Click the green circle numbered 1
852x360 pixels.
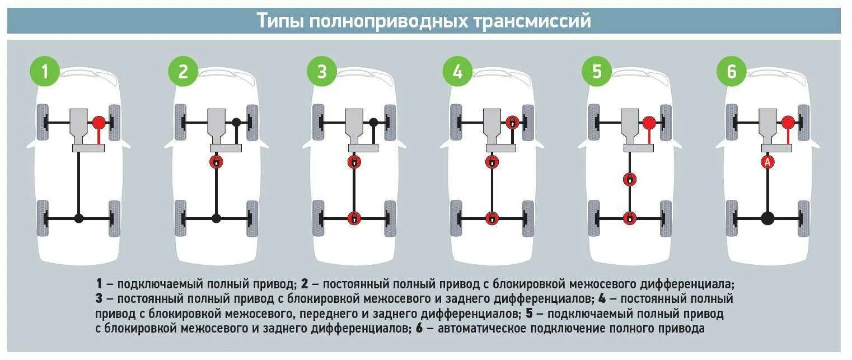coord(44,72)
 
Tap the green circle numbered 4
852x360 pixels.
coord(457,72)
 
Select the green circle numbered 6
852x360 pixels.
coord(732,72)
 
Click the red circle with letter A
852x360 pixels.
coord(767,162)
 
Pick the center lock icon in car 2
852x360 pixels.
coord(216,162)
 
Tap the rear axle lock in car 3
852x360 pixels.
coord(354,218)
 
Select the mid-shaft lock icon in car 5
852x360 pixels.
coord(630,180)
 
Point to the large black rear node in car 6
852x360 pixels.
coord(767,218)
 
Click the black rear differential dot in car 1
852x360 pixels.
coord(79,218)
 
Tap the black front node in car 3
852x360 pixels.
coord(373,121)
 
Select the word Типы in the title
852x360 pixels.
coord(281,21)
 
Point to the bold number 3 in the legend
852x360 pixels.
coord(99,298)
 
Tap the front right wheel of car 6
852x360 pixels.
coord(803,121)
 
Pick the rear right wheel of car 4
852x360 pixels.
coord(527,218)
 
